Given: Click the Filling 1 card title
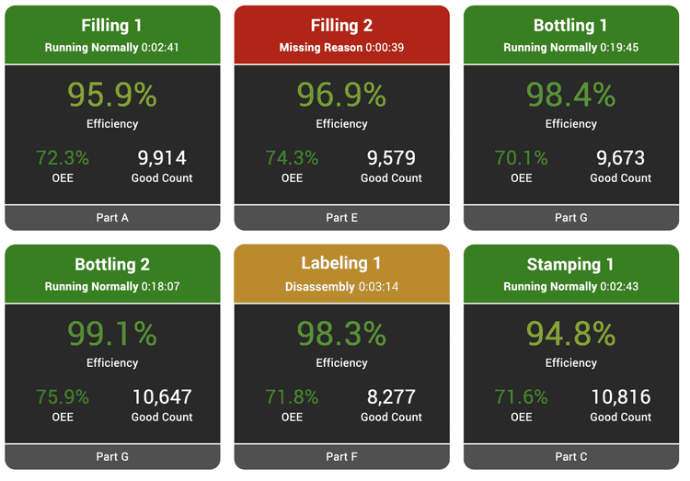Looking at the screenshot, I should [x=112, y=26].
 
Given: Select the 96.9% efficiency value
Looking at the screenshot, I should [x=341, y=95].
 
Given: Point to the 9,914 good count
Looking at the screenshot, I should [x=162, y=157].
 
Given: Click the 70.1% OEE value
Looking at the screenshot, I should [x=522, y=157].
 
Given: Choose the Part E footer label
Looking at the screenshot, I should [x=341, y=218].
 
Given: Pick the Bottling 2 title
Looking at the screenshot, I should [x=112, y=265].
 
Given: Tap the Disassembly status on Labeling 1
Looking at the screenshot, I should [x=319, y=286].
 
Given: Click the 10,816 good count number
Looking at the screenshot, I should [x=621, y=396].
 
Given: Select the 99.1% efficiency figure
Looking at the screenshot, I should [x=112, y=334].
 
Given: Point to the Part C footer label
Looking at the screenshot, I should [x=571, y=457].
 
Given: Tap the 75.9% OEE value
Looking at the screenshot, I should [x=63, y=396].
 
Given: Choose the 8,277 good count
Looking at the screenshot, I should [x=392, y=396].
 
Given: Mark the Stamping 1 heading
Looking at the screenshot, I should [x=571, y=265].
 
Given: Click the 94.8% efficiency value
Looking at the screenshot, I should [x=571, y=334].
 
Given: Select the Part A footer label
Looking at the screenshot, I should [x=112, y=218].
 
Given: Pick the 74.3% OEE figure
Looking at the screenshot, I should [x=292, y=157].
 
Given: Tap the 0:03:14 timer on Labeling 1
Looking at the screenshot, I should [x=378, y=286].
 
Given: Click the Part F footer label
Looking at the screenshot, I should [x=341, y=457].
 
